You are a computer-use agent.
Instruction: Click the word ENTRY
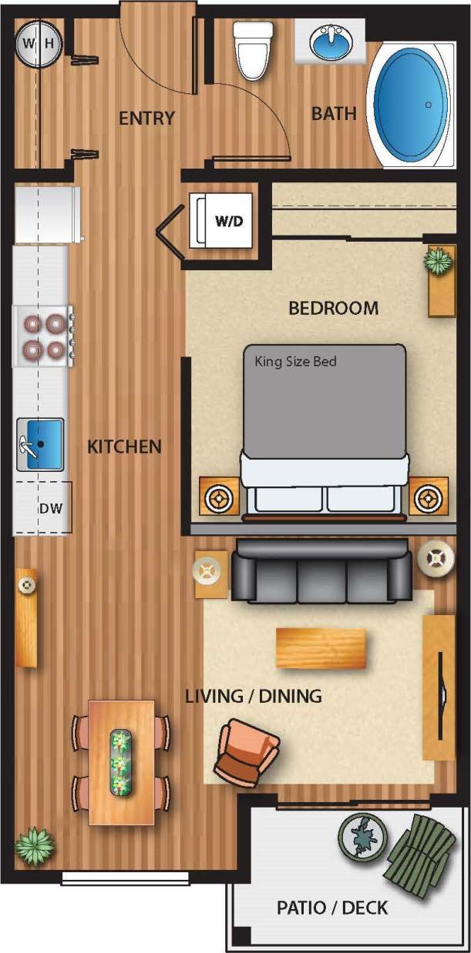tap(146, 119)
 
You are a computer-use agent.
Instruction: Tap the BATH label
tap(334, 114)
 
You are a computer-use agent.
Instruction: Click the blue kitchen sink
tap(40, 443)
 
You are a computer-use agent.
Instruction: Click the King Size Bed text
tap(295, 361)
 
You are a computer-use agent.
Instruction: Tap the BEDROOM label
tap(333, 309)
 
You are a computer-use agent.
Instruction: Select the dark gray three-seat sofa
tap(321, 570)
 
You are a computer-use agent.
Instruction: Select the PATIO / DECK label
tap(332, 908)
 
